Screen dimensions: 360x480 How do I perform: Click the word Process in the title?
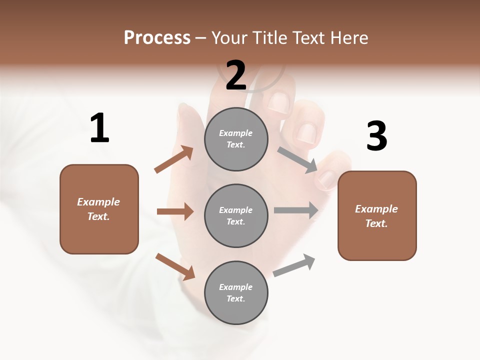tap(157, 37)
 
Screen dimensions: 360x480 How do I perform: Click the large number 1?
tap(99, 128)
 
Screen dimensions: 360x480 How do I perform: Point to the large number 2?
tap(236, 75)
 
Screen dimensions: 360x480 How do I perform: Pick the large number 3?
tap(376, 136)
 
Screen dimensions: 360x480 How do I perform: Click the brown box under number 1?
tap(99, 209)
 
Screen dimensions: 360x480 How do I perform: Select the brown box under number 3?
tap(377, 216)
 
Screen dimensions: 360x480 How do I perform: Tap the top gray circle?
tap(236, 139)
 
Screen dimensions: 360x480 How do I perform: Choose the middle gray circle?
tap(236, 215)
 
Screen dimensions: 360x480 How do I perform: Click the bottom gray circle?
tap(236, 292)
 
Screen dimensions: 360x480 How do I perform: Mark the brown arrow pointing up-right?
tap(174, 159)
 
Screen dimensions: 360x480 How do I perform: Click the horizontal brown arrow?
tap(175, 211)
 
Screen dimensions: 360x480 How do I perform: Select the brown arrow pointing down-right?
tap(175, 266)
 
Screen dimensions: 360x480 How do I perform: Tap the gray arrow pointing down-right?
tap(297, 160)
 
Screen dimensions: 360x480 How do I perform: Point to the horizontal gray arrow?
tap(296, 210)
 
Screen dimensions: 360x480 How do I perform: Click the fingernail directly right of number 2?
tap(277, 102)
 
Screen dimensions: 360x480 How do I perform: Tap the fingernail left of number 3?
tap(306, 133)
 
